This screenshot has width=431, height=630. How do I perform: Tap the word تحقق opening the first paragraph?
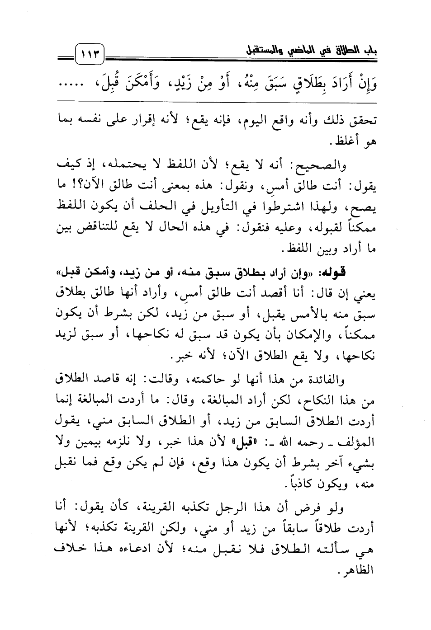[x=363, y=122]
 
